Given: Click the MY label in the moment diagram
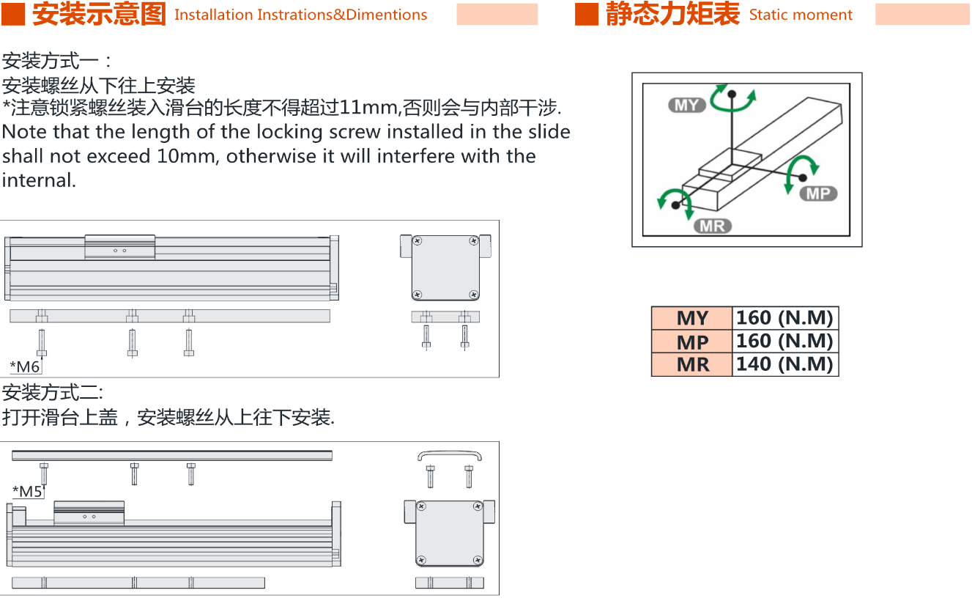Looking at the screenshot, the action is (687, 105).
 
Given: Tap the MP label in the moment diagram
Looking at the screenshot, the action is (818, 193).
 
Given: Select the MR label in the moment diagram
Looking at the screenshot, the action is (713, 226).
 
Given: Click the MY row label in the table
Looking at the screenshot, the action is (692, 318).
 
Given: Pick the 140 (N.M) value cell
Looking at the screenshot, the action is (785, 364).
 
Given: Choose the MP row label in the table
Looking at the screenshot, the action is (692, 342).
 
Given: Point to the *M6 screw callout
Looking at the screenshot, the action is (25, 367).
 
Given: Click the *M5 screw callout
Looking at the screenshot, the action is (27, 492).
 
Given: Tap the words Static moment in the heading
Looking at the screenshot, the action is (801, 15).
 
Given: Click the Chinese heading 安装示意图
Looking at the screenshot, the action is (99, 14).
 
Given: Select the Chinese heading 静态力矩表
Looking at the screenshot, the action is (672, 14).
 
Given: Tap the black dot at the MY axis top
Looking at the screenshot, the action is (732, 94).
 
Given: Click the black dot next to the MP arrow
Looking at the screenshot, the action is (803, 177).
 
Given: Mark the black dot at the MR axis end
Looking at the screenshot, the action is (675, 205).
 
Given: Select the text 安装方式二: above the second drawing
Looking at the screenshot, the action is (53, 393).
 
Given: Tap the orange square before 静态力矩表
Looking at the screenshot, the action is (587, 14).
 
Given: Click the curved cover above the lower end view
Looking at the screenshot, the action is (450, 452).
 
